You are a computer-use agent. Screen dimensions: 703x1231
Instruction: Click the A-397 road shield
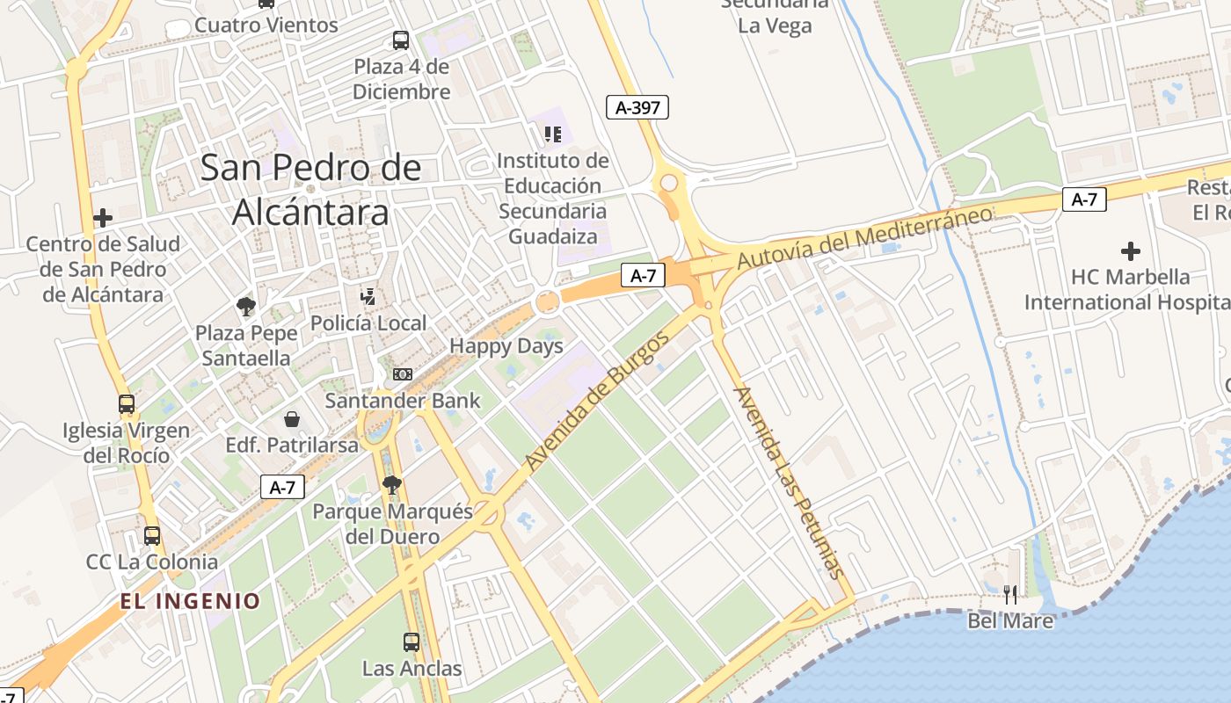(x=637, y=108)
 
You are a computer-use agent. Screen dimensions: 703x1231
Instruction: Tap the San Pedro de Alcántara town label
(x=310, y=190)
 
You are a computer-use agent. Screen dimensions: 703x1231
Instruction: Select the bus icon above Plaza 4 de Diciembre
(x=401, y=40)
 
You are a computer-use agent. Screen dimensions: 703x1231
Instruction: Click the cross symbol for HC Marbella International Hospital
(x=1131, y=251)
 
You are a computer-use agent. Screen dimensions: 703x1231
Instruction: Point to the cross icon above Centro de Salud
(x=103, y=218)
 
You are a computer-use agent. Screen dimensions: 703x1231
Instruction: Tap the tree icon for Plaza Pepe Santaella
(x=246, y=307)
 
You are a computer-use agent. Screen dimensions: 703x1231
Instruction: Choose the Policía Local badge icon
(x=368, y=297)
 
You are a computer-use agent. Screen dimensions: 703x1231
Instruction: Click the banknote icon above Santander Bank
(x=403, y=374)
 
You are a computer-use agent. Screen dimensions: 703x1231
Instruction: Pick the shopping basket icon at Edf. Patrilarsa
(x=292, y=419)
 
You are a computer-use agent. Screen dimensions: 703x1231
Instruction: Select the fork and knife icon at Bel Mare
(x=1010, y=595)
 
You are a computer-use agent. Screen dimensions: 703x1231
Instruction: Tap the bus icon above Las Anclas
(x=412, y=642)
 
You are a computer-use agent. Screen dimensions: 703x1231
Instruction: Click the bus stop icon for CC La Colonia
(x=152, y=535)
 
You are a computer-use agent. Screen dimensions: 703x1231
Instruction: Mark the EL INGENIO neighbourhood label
(x=191, y=601)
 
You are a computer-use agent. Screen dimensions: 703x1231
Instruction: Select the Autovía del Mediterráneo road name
(x=865, y=237)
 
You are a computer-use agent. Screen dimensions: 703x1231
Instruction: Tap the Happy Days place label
(x=506, y=346)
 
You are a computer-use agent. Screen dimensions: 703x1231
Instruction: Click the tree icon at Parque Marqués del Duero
(x=392, y=485)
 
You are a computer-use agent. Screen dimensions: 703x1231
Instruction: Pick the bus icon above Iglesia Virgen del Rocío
(x=127, y=404)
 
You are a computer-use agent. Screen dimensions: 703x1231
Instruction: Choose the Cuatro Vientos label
(x=266, y=25)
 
